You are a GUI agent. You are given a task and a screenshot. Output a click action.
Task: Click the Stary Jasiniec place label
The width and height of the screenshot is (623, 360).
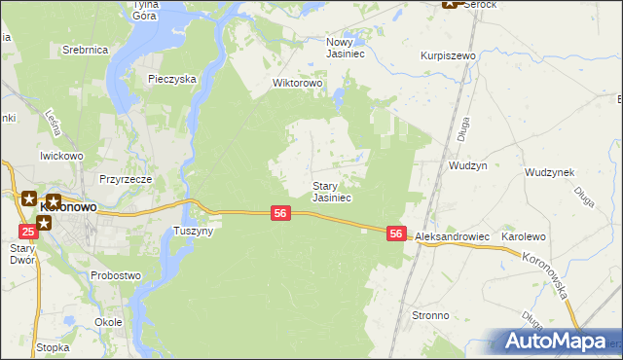coord(331,192)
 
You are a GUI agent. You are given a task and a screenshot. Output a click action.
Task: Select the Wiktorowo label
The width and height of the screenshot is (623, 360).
coord(297,84)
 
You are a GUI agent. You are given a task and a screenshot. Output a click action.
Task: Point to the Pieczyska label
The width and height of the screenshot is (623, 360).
coord(173,79)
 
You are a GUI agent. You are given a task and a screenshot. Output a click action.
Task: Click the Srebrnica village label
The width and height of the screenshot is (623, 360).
coord(84,49)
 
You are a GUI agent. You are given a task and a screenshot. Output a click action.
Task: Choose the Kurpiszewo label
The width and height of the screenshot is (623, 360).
coord(448,56)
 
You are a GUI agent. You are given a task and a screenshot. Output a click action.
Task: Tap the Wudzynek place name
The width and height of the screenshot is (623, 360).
coord(549,172)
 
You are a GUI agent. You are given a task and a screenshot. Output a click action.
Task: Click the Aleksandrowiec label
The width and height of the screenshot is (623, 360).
coord(452,237)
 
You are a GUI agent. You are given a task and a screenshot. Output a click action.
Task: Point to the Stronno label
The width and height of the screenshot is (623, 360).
coord(430,316)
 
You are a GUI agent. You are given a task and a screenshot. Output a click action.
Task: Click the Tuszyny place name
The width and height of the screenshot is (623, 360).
coord(193,232)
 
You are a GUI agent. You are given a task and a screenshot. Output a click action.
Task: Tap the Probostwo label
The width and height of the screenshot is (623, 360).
coord(116,275)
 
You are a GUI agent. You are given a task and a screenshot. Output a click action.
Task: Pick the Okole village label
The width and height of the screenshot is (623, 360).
coord(108,321)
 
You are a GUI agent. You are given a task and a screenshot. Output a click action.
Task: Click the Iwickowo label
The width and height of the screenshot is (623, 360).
coord(60,156)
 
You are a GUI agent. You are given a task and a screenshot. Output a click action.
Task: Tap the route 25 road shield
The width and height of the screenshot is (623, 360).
coord(28,231)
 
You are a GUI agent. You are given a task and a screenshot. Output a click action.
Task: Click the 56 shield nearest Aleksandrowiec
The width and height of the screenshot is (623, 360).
coord(395,234)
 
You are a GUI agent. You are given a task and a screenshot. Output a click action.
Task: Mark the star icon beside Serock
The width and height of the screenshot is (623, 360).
coord(451,4)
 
